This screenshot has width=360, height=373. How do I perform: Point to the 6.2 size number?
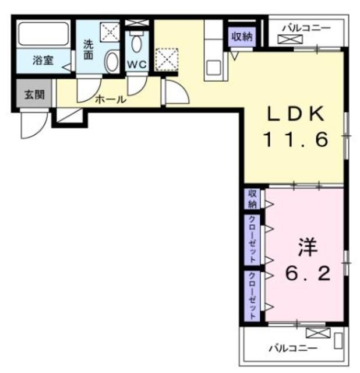pos(307,273)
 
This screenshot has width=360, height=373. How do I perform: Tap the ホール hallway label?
pos(110,100)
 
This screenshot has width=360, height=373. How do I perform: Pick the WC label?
pos(136,64)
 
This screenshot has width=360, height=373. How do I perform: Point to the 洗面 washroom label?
pos(88,50)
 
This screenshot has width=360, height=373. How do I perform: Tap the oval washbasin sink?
pos(111,61)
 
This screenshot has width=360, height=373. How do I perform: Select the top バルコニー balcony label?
pos(307,27)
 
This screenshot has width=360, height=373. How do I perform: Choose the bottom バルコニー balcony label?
pos(292,349)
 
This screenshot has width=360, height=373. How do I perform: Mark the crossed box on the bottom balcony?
pos(317,333)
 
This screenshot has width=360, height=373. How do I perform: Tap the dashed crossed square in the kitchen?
pos(167,58)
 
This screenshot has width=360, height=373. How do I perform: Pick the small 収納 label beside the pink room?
pos(252,198)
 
